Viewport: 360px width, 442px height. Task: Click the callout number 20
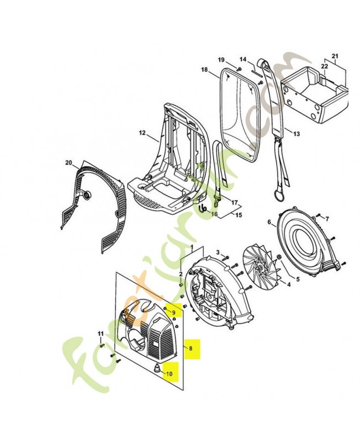pos(69,162)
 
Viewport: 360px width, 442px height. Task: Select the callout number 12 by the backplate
pos(141,133)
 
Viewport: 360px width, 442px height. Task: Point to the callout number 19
pos(221,60)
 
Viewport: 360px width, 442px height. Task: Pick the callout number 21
pos(333,56)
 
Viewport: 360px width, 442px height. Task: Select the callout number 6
pos(270,223)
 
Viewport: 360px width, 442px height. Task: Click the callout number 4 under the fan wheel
pos(288,285)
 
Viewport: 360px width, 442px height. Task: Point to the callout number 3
pos(218,252)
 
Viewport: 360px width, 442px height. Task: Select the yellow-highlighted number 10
pos(169,373)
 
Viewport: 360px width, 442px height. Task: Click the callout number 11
pos(101,334)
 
